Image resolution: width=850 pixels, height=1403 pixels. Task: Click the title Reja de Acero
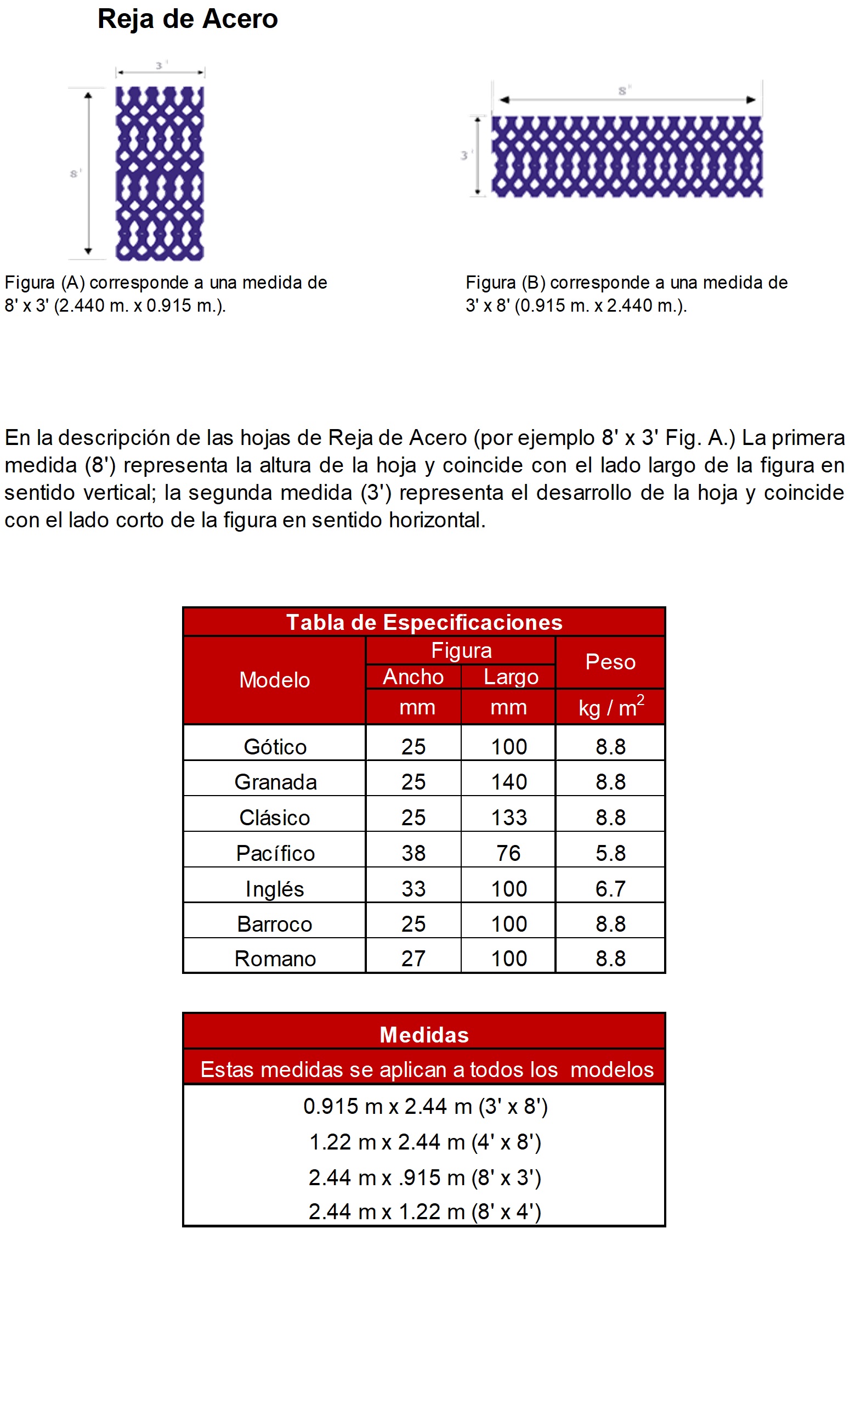click(x=187, y=19)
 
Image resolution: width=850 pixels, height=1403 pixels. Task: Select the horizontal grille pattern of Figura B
click(x=626, y=156)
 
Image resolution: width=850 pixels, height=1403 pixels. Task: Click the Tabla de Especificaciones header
click(x=424, y=622)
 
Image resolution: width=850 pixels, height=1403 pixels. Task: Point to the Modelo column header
click(x=274, y=680)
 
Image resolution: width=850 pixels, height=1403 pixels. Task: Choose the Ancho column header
click(x=413, y=677)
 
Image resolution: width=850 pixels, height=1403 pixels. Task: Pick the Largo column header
click(x=511, y=677)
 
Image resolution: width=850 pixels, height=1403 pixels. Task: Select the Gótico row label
click(x=275, y=746)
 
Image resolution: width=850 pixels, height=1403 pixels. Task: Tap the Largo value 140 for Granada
click(x=509, y=782)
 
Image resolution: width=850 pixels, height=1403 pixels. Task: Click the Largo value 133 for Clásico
click(x=509, y=818)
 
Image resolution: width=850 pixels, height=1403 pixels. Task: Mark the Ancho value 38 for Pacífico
click(x=413, y=853)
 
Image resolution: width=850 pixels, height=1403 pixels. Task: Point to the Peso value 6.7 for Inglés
click(x=610, y=888)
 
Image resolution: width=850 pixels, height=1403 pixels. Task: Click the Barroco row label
click(x=274, y=923)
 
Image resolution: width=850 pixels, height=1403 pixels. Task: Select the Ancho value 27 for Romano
click(x=413, y=959)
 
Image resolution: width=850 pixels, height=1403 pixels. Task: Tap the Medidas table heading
click(x=424, y=1035)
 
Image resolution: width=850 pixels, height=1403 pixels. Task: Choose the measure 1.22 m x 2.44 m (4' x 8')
click(x=424, y=1142)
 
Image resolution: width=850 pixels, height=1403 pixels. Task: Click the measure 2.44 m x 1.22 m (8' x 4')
click(x=424, y=1211)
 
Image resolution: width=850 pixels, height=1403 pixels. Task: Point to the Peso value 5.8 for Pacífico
click(x=610, y=853)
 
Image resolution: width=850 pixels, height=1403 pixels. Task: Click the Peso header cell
click(x=610, y=662)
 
